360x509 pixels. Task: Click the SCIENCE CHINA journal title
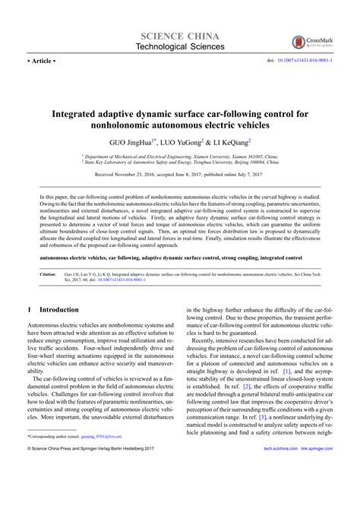pos(179,37)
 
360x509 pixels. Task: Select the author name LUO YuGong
pos(183,141)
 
